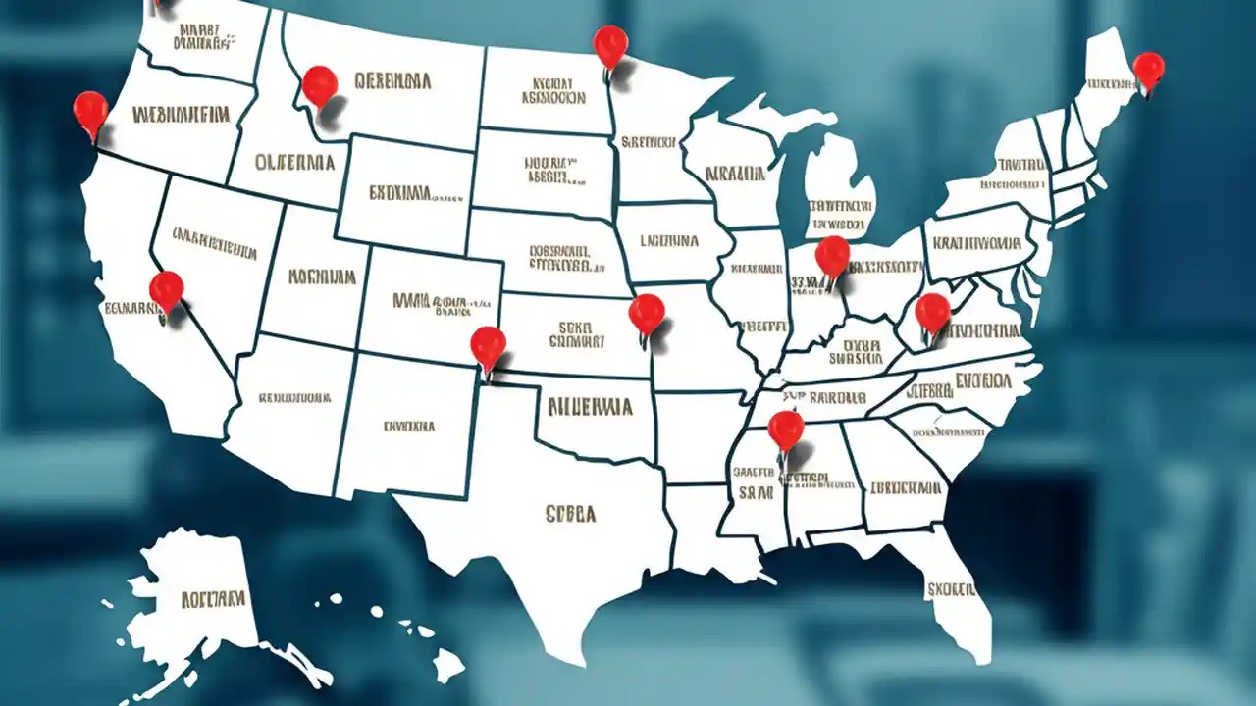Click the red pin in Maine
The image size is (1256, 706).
point(1148,70)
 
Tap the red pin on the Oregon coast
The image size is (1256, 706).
point(90,110)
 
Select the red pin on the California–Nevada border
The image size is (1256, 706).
point(166,289)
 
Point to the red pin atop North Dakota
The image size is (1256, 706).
point(610,44)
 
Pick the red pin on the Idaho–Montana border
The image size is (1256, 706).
point(319,84)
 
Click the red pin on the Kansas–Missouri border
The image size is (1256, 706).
point(647,313)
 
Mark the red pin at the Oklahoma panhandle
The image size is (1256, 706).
point(488,345)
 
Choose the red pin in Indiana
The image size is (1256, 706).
point(832,255)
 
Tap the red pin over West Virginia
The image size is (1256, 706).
point(932,312)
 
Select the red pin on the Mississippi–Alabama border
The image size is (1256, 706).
point(785,429)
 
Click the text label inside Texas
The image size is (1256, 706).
point(570,513)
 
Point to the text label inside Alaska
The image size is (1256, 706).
point(212,596)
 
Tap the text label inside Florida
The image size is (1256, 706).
point(951,589)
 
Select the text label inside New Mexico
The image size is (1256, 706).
point(409,427)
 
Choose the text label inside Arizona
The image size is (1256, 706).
point(294,399)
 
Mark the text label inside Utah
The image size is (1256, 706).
point(322,277)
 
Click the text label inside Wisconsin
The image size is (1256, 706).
point(735,175)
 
